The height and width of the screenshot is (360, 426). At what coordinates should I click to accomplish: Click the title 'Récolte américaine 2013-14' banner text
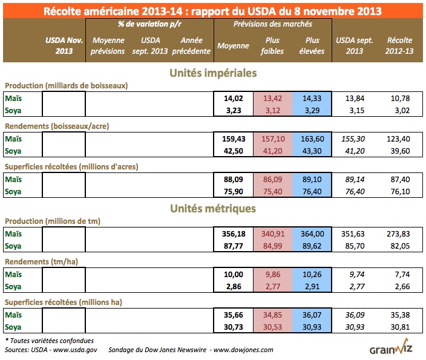pos(212,10)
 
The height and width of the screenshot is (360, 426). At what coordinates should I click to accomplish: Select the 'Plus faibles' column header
pos(272,46)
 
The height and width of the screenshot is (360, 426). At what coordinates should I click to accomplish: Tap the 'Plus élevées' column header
pos(312,46)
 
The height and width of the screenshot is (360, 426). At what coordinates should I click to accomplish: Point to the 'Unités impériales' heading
pos(212,73)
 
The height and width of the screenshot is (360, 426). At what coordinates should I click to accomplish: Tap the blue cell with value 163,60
pos(312,139)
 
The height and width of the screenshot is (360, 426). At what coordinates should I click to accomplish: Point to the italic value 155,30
pos(356,139)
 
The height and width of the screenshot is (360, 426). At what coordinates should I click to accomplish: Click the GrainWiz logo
pos(394,349)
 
